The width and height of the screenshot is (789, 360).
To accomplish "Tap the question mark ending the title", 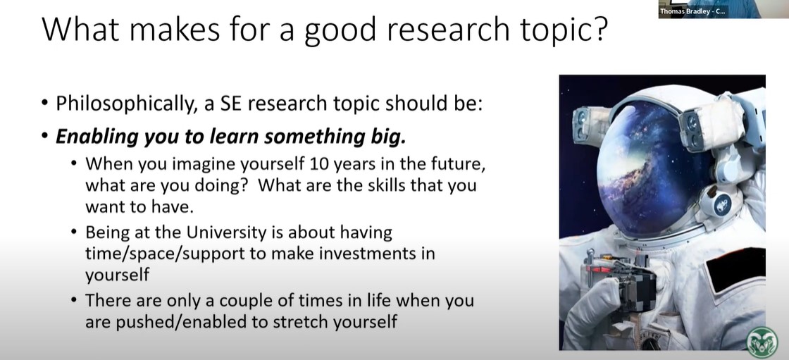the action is pos(599,29).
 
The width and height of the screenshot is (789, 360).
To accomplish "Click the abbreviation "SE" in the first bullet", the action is pos(231,104).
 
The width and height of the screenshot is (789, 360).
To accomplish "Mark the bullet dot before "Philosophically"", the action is pos(45,104).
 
